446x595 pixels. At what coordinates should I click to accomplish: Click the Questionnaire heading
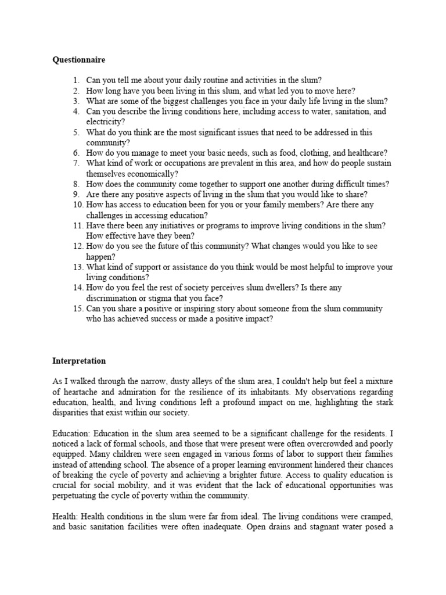tap(79, 60)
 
